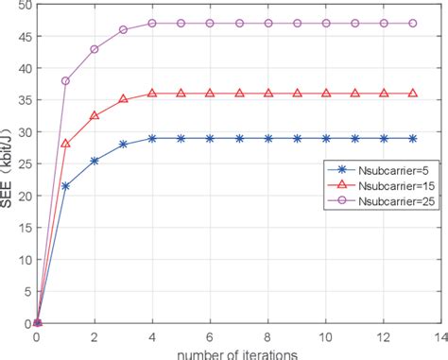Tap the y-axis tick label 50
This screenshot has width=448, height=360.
tap(21, 5)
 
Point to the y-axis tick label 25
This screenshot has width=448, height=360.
tap(21, 164)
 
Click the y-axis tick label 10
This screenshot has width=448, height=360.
tap(21, 260)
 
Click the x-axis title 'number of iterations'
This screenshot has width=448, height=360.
tap(237, 352)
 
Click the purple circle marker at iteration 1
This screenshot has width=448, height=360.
tap(65, 81)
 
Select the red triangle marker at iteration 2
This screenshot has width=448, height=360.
tap(95, 116)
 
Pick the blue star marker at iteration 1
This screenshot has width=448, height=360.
tap(65, 186)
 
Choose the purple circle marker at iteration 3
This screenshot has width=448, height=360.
tap(123, 30)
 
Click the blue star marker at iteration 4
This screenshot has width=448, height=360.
tap(152, 138)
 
